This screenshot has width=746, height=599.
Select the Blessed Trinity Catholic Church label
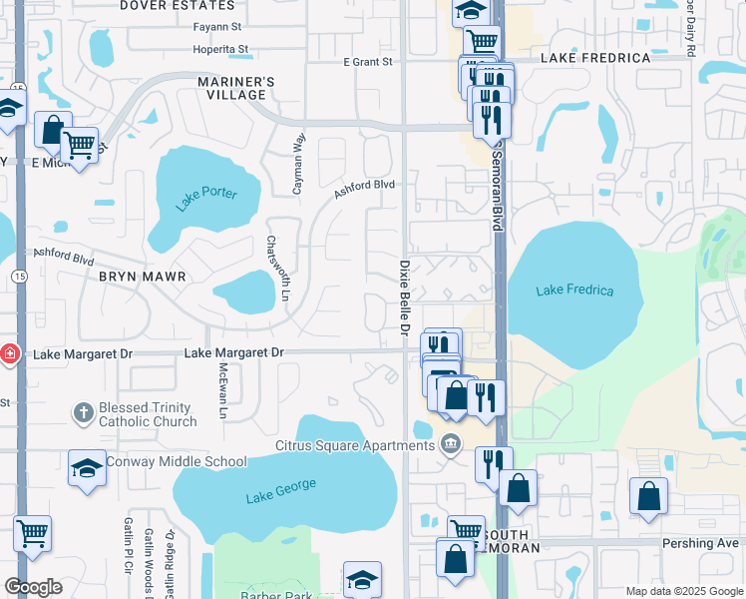tap(148, 414)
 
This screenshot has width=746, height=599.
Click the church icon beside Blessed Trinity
tap(83, 411)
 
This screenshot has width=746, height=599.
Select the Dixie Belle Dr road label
tap(405, 299)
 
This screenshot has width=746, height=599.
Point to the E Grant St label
tap(368, 62)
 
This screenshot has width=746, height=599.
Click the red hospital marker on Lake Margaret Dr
tap(9, 353)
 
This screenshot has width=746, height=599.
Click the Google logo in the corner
tap(33, 587)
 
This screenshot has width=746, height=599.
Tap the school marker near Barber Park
tap(362, 579)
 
